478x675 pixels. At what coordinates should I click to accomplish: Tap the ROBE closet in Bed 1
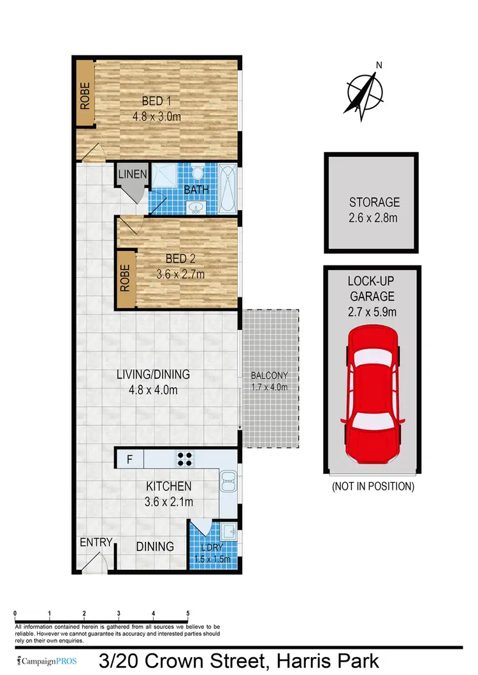point(85,94)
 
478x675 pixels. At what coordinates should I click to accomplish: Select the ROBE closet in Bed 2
point(125,278)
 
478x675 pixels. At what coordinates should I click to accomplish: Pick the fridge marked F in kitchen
point(129,458)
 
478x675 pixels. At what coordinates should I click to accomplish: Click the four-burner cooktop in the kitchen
point(185,458)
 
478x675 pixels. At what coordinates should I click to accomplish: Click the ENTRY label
point(96,543)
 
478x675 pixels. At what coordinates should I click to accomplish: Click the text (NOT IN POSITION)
point(372,487)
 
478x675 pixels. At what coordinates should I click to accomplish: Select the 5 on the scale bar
point(187,614)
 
